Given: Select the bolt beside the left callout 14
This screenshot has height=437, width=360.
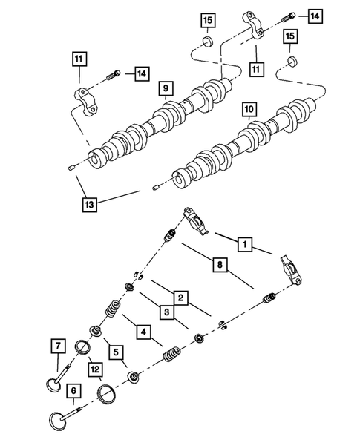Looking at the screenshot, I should pyautogui.click(x=115, y=74).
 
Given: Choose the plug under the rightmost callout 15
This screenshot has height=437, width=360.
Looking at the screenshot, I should pyautogui.click(x=292, y=59).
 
